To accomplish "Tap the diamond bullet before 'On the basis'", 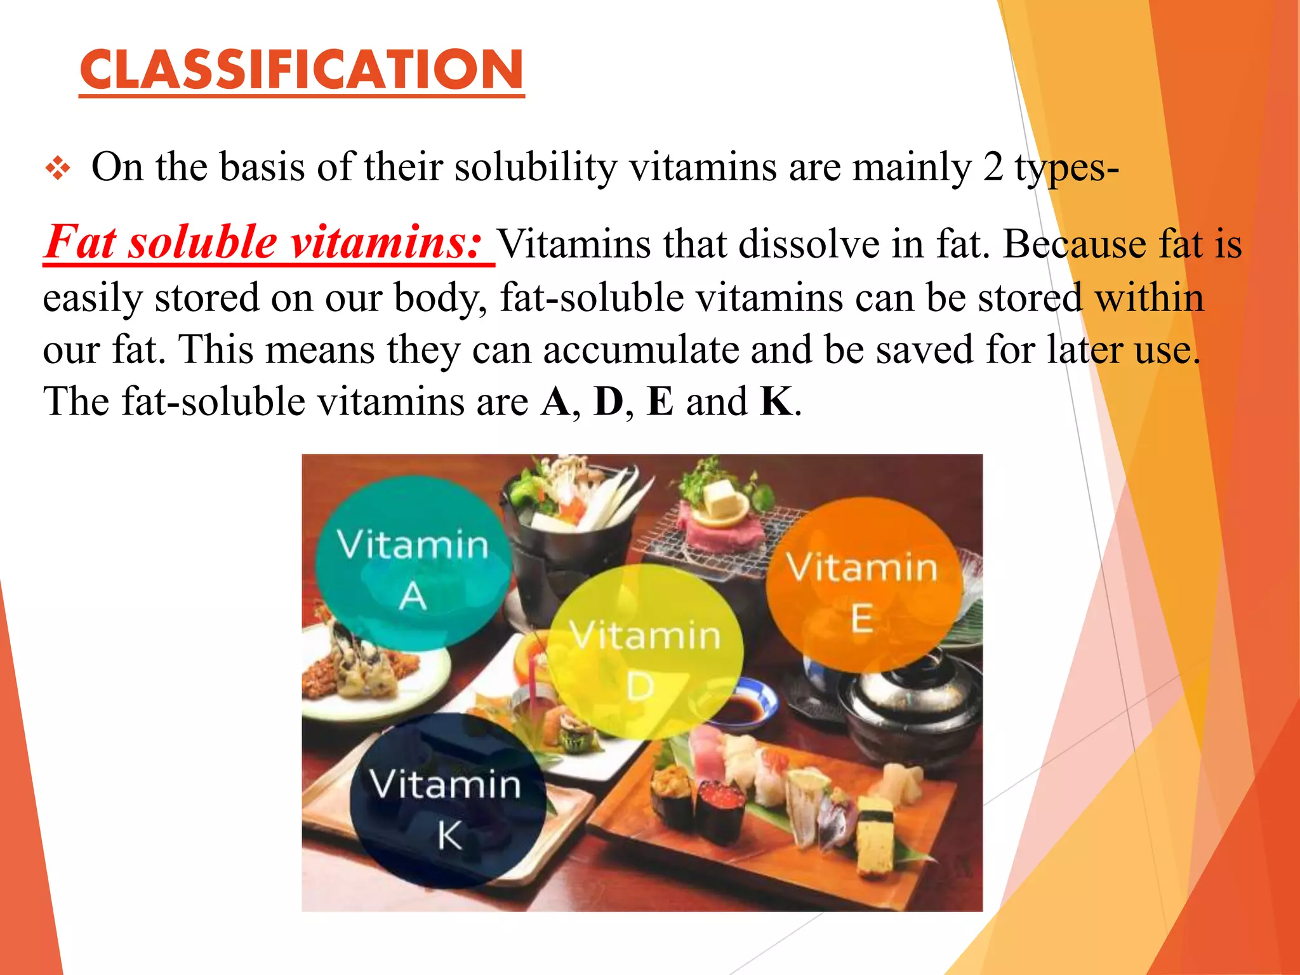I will pyautogui.click(x=58, y=169).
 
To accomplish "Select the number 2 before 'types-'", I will pyautogui.click(x=993, y=168).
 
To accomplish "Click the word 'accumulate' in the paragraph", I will pyautogui.click(x=640, y=350).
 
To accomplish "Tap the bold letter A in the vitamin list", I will pyautogui.click(x=556, y=402).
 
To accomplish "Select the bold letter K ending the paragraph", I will pyautogui.click(x=776, y=402).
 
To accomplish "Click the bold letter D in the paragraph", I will pyautogui.click(x=608, y=402).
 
